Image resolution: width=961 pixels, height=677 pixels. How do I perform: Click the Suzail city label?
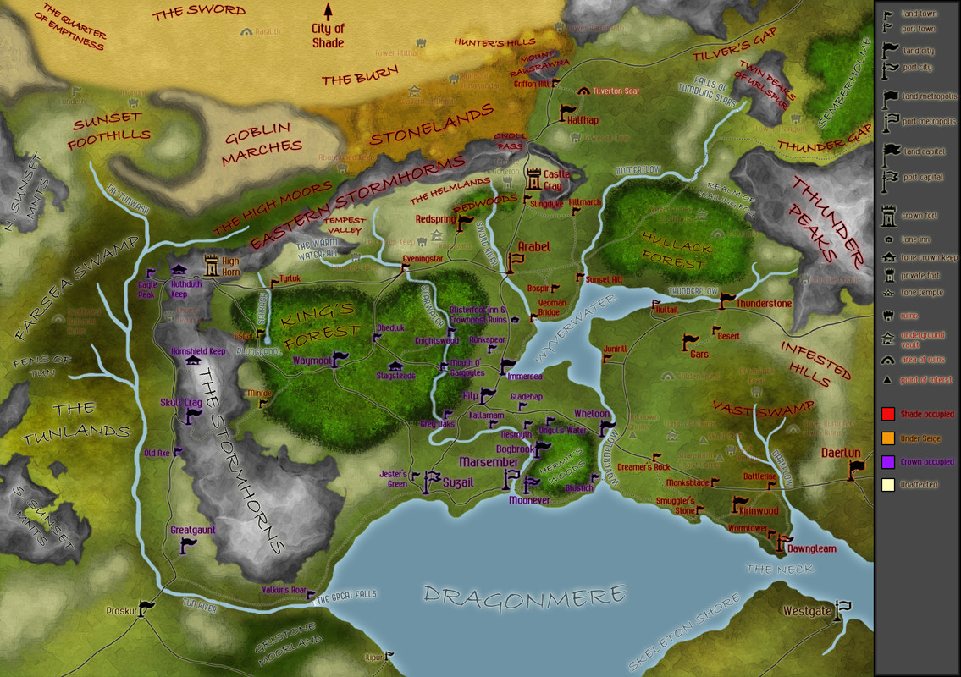pyautogui.click(x=458, y=482)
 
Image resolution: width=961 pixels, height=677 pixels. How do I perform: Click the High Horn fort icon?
pyautogui.click(x=208, y=266)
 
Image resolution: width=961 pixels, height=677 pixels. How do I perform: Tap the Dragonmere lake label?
pyautogui.click(x=525, y=595)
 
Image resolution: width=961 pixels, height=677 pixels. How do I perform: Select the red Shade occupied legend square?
pyautogui.click(x=888, y=415)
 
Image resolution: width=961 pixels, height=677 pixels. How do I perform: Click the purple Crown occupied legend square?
pyautogui.click(x=888, y=462)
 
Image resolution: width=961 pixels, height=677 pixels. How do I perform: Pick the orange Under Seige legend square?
pyautogui.click(x=888, y=438)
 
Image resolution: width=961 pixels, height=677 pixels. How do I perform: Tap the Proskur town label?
pyautogui.click(x=121, y=610)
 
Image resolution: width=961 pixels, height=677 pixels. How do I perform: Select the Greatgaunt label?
pyautogui.click(x=193, y=531)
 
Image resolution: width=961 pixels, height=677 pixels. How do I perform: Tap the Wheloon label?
pyautogui.click(x=592, y=413)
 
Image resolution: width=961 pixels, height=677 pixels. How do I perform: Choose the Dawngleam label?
pyautogui.click(x=811, y=548)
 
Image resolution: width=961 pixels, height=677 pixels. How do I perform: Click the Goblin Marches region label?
pyautogui.click(x=262, y=136)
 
